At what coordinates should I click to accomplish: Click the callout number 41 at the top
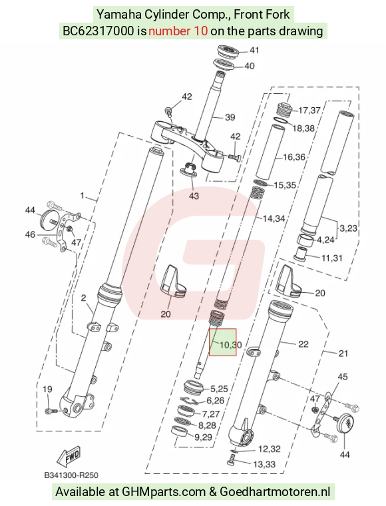[x=254, y=51]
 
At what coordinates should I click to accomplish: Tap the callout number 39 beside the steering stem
[x=230, y=117]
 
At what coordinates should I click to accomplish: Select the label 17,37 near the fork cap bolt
[x=309, y=111]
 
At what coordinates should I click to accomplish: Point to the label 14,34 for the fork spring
[x=274, y=219]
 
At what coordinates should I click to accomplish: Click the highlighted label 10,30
[x=230, y=345]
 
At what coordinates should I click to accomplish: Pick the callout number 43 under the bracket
[x=194, y=196]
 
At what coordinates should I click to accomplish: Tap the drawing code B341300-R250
[x=71, y=475]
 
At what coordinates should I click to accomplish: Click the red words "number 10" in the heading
[x=178, y=31]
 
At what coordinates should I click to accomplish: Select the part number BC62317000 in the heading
[x=98, y=31]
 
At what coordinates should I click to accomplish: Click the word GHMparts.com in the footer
[x=164, y=492]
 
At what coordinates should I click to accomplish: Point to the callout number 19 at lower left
[x=47, y=389]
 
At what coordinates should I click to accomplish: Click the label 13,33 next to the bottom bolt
[x=264, y=464]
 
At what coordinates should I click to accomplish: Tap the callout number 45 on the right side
[x=343, y=377]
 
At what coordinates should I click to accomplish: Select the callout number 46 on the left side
[x=30, y=234]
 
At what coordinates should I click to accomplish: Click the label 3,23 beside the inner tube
[x=348, y=228]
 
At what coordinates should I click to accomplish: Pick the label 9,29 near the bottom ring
[x=203, y=437]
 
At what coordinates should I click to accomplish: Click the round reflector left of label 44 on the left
[x=49, y=220]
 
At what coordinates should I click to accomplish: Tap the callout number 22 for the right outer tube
[x=303, y=344]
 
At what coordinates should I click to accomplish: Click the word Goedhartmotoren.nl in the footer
[x=275, y=492]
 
